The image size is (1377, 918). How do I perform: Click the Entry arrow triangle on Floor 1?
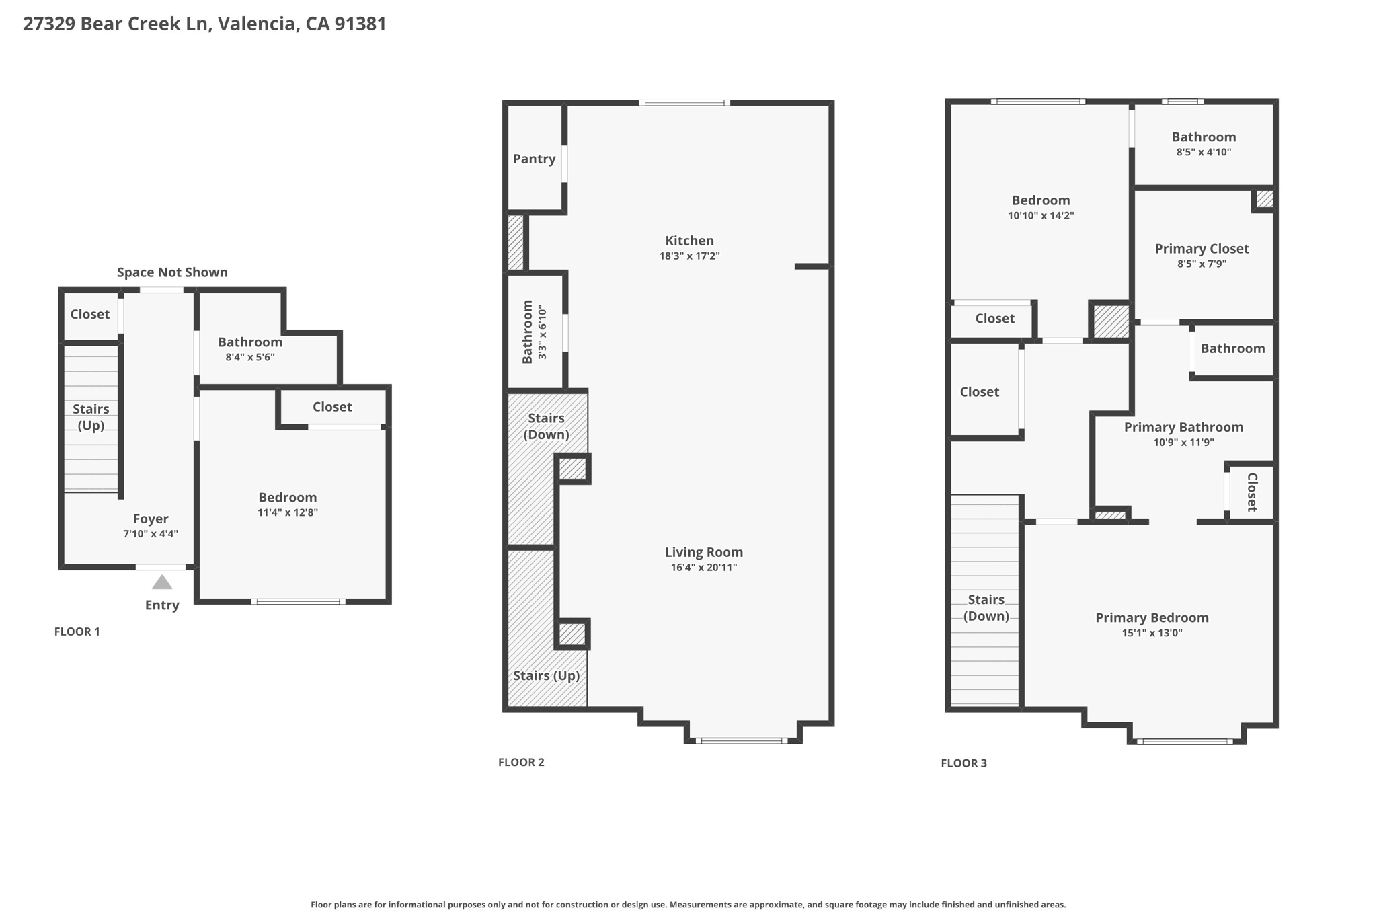162,582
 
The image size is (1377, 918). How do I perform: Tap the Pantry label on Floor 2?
534,159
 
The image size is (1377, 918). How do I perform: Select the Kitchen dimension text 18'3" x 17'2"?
689,256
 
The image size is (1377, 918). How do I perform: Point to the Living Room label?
703,552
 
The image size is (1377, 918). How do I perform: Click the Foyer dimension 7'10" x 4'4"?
150,534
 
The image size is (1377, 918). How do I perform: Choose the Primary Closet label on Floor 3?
1202,249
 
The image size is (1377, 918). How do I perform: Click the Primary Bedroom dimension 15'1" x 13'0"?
1152,633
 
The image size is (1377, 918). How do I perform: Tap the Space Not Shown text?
172,272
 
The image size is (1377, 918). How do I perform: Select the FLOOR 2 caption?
521,762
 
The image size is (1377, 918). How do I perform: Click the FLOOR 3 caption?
963,763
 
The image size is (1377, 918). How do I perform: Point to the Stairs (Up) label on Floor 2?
546,675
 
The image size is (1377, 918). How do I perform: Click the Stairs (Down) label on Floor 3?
986,607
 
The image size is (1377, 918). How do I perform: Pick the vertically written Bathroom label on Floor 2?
527,332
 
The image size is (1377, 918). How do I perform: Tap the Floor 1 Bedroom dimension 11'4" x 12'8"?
287,512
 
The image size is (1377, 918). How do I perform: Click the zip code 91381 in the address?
360,24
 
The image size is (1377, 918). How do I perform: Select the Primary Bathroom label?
1183,427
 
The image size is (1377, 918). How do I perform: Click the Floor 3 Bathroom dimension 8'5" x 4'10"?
1204,152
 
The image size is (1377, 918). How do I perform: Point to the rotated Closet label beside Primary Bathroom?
1252,492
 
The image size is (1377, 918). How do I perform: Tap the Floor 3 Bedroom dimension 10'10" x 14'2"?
1040,216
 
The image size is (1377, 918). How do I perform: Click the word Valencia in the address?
256,24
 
